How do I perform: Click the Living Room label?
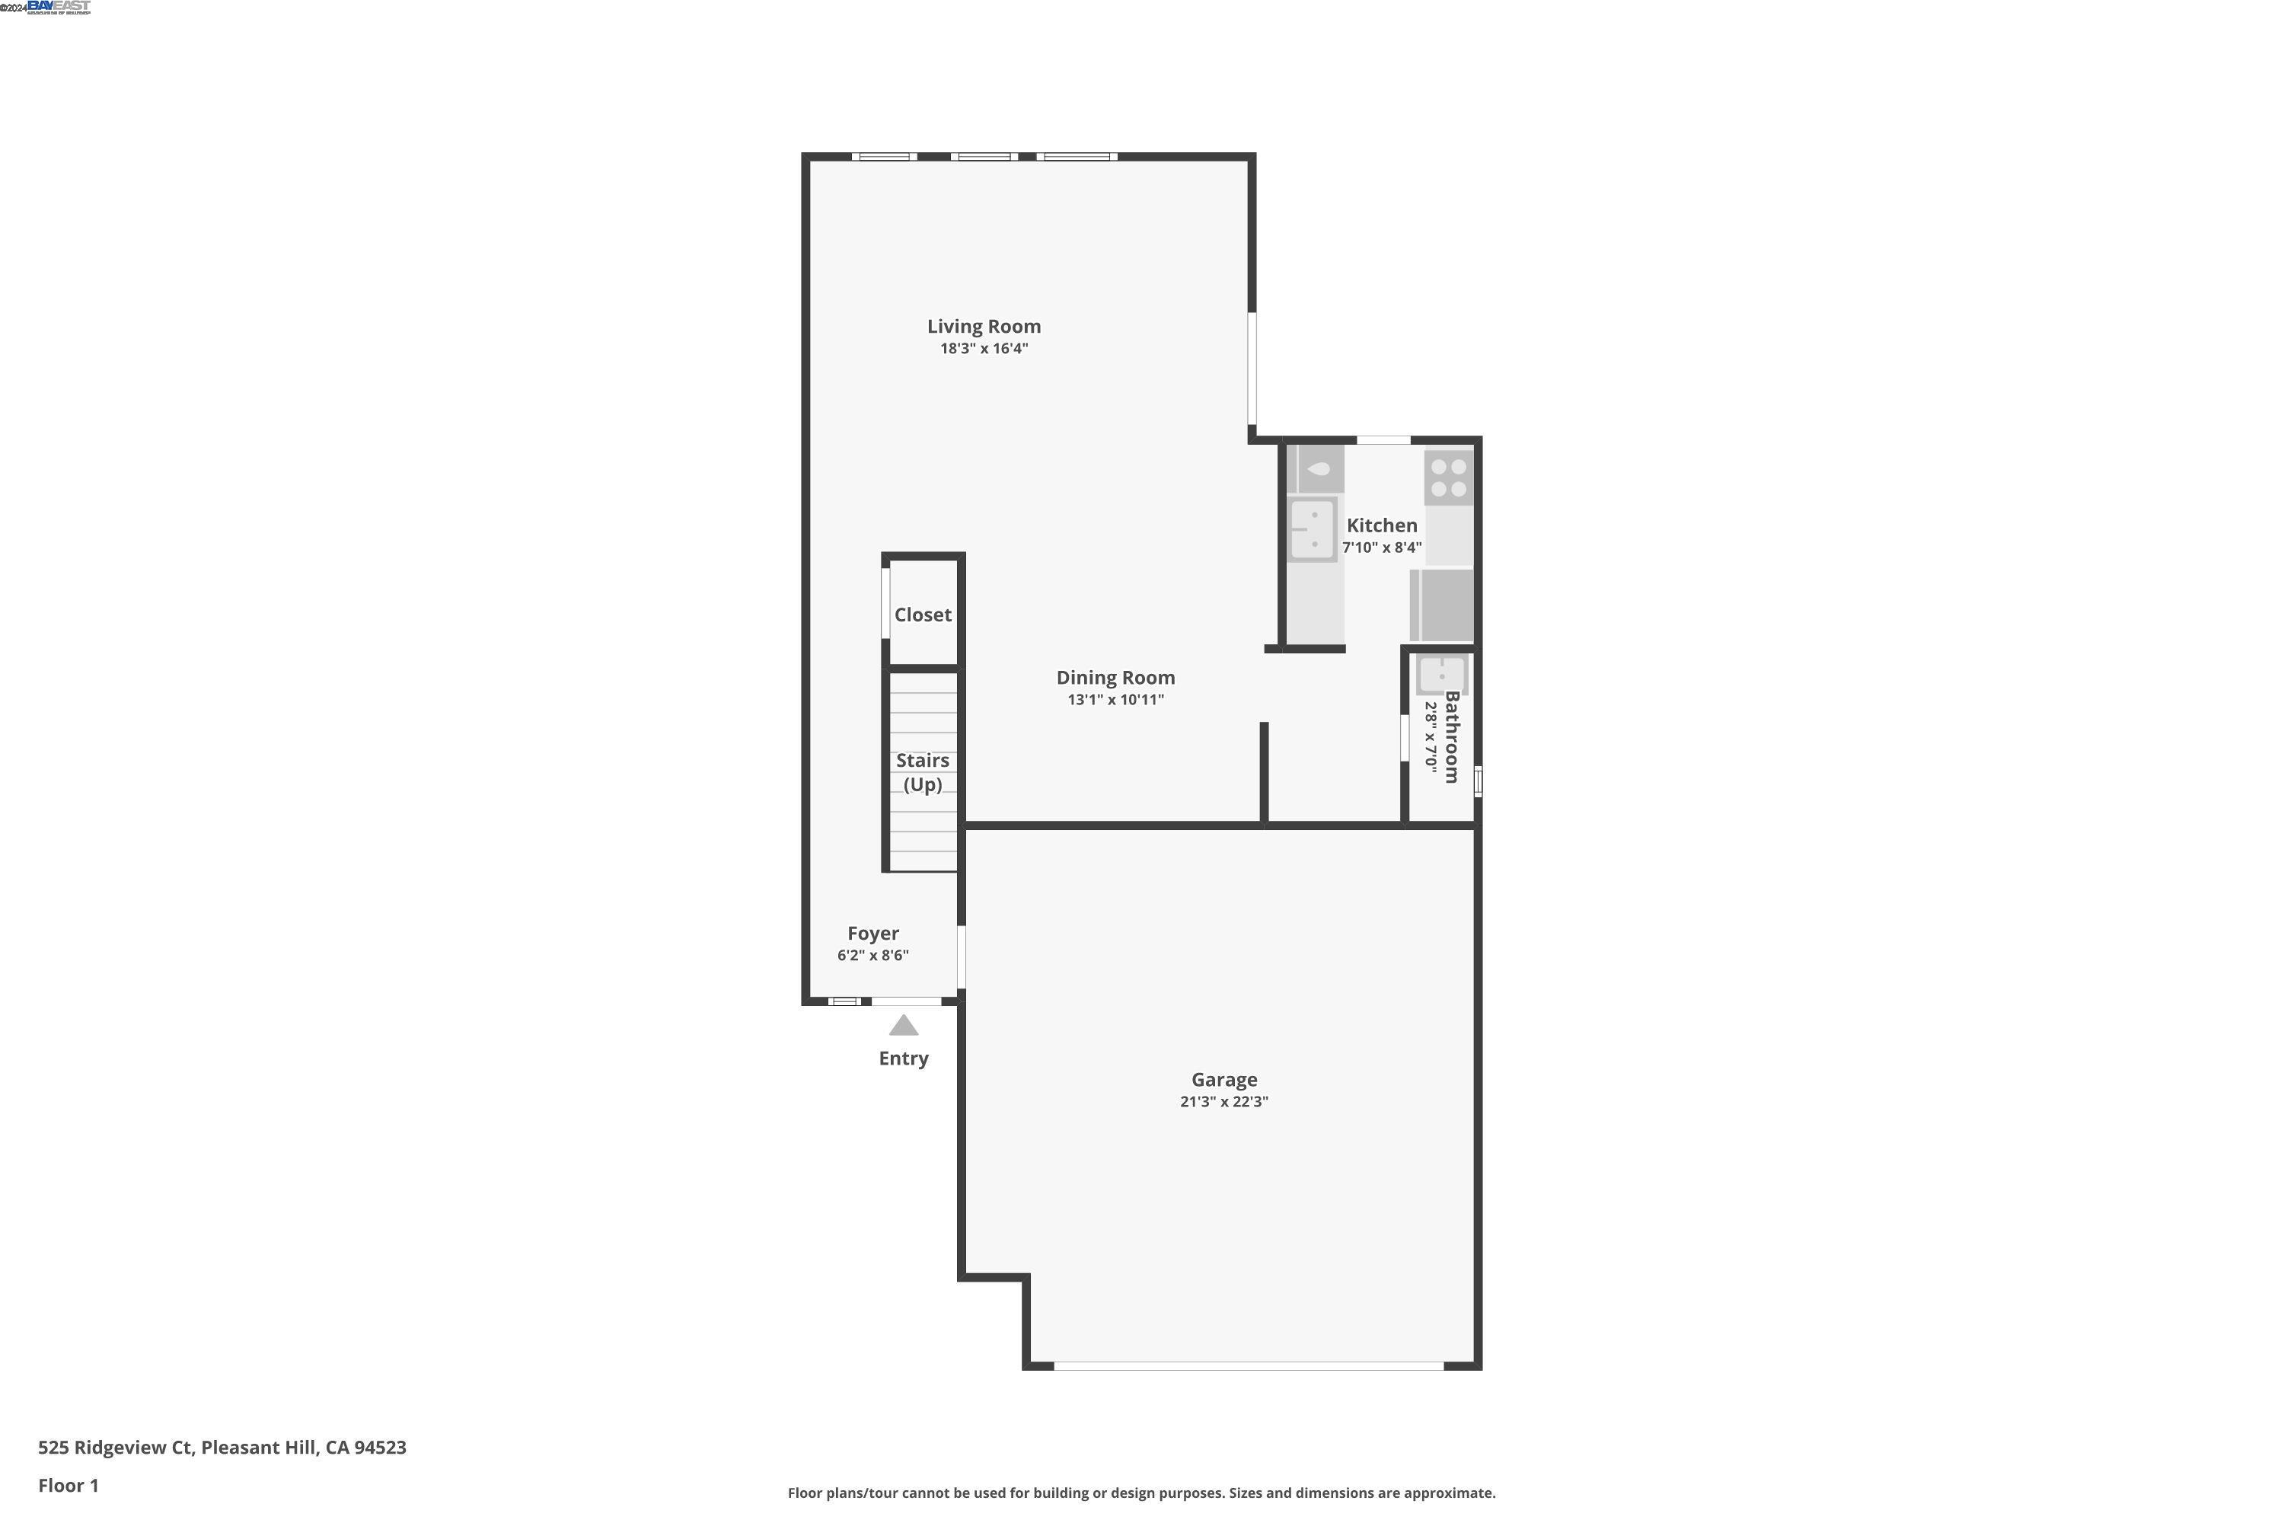tap(984, 327)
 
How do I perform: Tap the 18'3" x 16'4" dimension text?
tap(984, 349)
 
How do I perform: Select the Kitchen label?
tap(1381, 525)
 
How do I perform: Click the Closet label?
tap(923, 615)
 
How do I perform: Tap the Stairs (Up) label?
tap(923, 772)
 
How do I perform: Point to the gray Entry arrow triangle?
tap(903, 1026)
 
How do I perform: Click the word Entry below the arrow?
tap(903, 1058)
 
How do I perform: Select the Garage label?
tap(1223, 1080)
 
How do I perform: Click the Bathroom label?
tap(1452, 736)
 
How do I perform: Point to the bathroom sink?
tap(1441, 675)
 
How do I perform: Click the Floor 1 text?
tap(68, 1485)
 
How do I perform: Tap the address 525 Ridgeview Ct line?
tap(222, 1448)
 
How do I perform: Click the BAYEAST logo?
tap(59, 7)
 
